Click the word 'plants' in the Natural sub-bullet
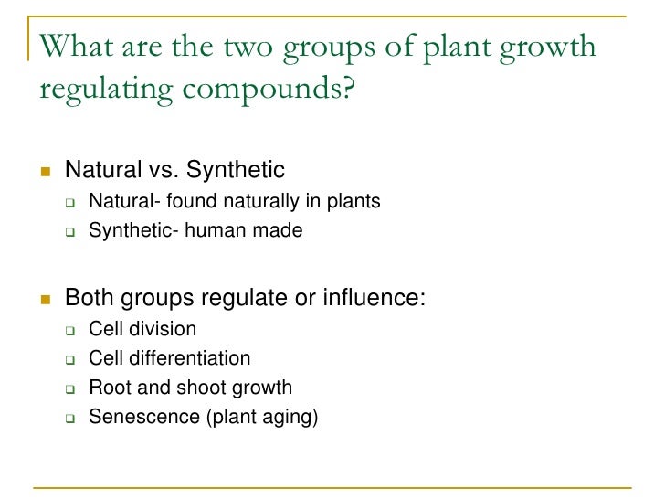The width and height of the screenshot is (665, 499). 351,201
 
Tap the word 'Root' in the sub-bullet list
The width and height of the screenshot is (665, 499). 107,388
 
